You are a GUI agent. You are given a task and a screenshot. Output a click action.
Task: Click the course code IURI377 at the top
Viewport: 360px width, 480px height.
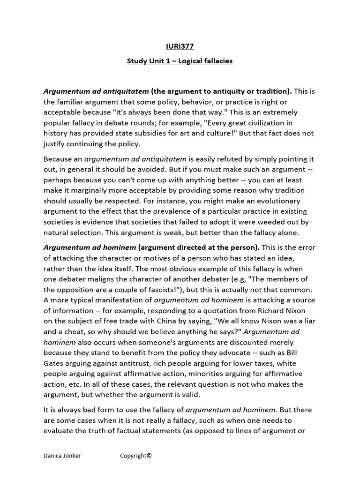[180, 46]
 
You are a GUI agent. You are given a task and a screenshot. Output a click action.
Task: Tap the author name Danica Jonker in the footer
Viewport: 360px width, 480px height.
[62, 456]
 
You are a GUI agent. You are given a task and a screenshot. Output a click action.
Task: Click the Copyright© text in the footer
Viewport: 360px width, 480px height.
[136, 456]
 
